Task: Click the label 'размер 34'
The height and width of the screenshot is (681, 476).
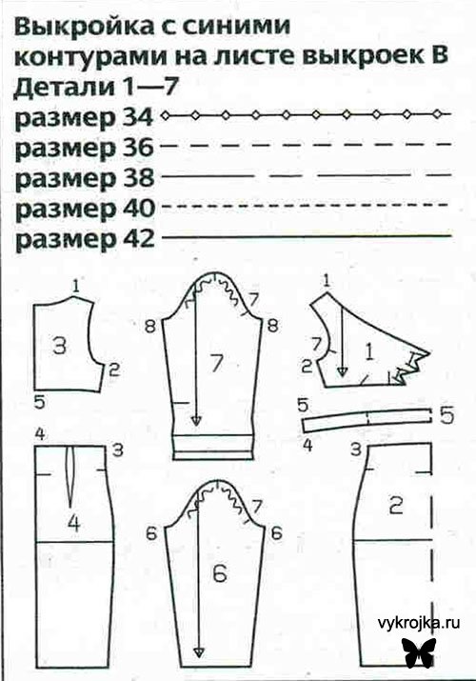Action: point(84,119)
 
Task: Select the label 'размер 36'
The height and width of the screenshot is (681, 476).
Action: point(84,149)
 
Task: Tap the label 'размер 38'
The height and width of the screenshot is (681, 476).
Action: point(84,178)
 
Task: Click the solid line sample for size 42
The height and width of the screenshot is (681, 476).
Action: point(305,235)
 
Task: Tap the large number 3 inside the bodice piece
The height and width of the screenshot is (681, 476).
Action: point(59,347)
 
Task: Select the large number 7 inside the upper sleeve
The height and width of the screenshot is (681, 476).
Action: point(215,362)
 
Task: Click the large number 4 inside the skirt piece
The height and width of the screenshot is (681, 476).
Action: point(72,522)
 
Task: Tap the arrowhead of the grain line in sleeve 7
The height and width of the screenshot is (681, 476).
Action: point(194,422)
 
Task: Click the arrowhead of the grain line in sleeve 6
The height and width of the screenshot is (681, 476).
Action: point(198,651)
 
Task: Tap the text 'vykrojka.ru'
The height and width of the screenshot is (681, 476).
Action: point(416,620)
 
